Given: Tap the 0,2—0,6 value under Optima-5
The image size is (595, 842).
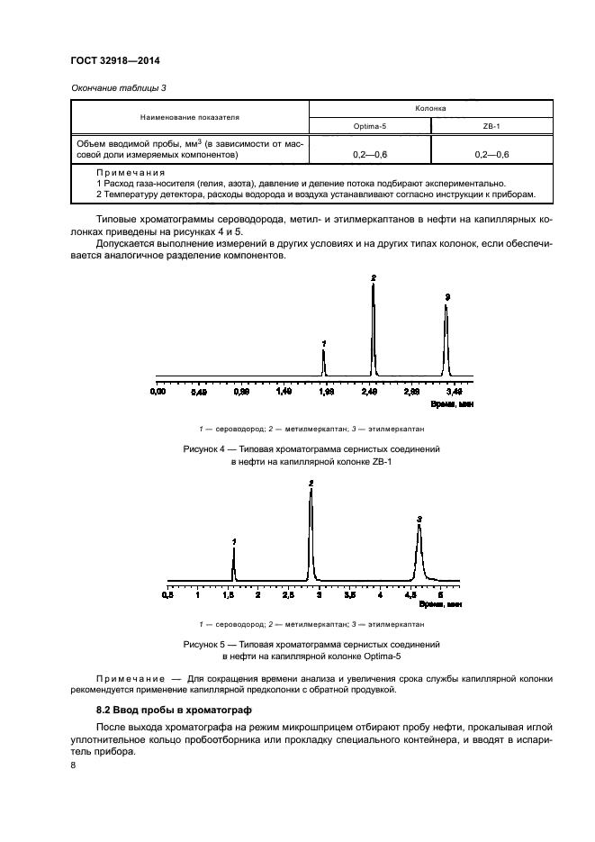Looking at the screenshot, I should tap(370, 155).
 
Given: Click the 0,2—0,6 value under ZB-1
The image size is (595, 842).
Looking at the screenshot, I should tap(491, 155).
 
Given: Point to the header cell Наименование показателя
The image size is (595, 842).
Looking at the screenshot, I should tap(189, 117).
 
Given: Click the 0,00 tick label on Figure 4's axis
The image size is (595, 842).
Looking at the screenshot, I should tap(158, 392).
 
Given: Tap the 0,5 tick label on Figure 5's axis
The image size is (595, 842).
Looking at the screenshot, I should tap(167, 595).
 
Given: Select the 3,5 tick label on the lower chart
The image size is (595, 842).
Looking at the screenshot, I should tap(349, 595).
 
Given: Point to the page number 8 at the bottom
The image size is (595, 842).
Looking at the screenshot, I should tap(73, 765).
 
